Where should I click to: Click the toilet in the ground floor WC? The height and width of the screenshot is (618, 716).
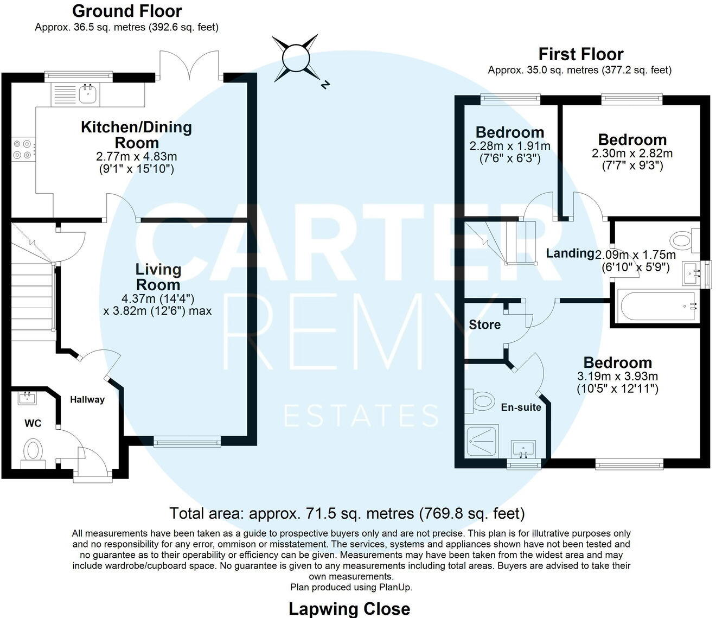pos(33,452)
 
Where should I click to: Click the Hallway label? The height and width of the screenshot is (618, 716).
pos(87,400)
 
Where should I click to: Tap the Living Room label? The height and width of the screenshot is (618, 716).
pos(158,277)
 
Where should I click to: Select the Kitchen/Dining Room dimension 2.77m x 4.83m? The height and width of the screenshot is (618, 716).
pos(136,157)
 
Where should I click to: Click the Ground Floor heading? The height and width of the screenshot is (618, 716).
pos(127,11)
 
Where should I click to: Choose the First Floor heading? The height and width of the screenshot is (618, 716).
pos(580,54)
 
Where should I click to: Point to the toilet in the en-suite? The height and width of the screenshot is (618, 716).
pos(479,402)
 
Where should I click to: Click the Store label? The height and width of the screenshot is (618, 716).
pos(484,325)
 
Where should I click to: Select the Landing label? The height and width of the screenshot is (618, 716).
pos(570,253)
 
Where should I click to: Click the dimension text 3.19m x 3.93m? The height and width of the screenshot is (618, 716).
pos(617,377)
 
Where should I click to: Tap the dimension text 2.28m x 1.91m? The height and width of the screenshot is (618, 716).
pos(509,146)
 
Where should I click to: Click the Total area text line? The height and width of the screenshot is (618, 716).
pos(347,513)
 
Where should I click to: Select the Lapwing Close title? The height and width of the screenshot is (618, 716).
pos(349,609)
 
